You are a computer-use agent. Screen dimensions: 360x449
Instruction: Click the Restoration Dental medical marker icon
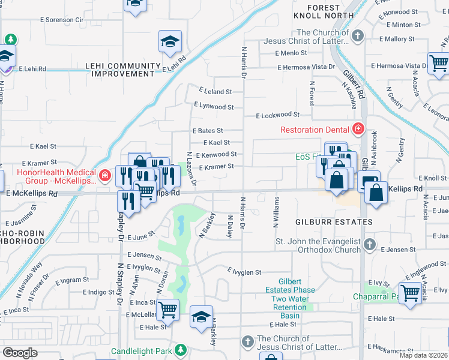tap(358, 128)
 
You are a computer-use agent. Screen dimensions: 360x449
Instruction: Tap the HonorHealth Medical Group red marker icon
tap(105, 176)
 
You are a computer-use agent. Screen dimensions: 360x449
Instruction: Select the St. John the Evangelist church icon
tap(370, 245)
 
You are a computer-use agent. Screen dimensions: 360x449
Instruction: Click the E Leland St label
tap(215, 92)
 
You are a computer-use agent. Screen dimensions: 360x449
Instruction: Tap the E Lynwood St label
tap(213, 107)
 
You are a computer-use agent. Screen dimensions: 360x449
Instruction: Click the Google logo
tap(20, 352)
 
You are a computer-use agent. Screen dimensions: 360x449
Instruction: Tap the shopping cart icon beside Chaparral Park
tap(410, 293)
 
